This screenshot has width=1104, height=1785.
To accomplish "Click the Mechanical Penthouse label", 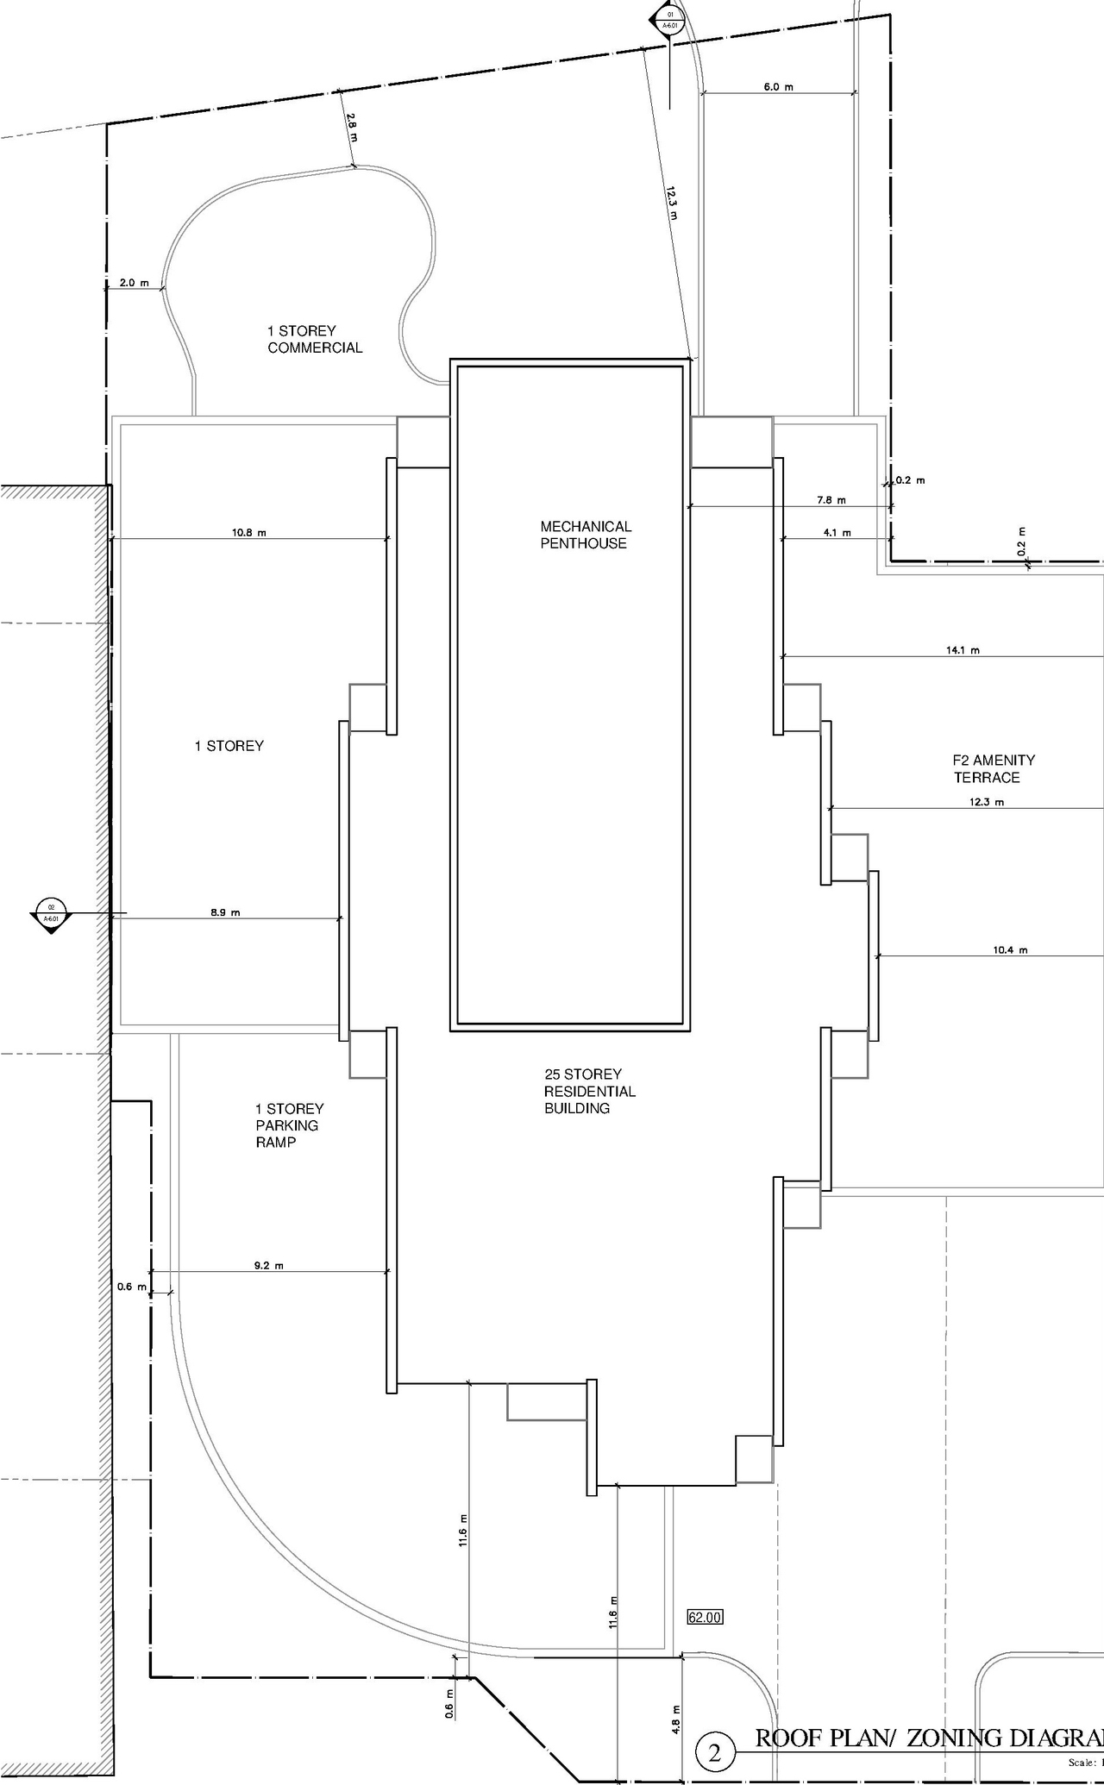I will pos(586,535).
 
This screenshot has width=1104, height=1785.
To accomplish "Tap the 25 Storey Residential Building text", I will pos(589,1091).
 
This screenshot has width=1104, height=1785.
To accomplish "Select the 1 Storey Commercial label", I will pos(315,339).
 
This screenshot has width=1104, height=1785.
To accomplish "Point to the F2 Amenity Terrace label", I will pos(993,768).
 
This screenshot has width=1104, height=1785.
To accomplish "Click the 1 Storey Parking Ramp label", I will pos(289,1125).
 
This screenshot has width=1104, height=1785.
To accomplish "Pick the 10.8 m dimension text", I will pos(248,532).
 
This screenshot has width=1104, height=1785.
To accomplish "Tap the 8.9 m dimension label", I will pos(225,911).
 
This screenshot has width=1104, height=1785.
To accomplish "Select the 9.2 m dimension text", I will pos(268,1265).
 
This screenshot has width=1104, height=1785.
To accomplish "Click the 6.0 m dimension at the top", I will pos(778,87).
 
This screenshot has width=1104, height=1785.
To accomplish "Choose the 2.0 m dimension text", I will pos(134,283).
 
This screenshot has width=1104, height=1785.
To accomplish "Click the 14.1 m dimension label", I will pos(963,650).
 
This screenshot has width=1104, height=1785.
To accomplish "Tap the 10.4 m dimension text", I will pos(1010,949).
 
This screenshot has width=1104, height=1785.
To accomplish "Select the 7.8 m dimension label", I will pos(831,500).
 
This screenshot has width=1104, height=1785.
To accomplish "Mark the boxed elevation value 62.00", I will pos(704,1617).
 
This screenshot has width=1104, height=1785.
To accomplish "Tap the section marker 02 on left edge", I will pos(51,911).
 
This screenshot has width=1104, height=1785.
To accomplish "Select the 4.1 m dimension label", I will pos(837,533).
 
